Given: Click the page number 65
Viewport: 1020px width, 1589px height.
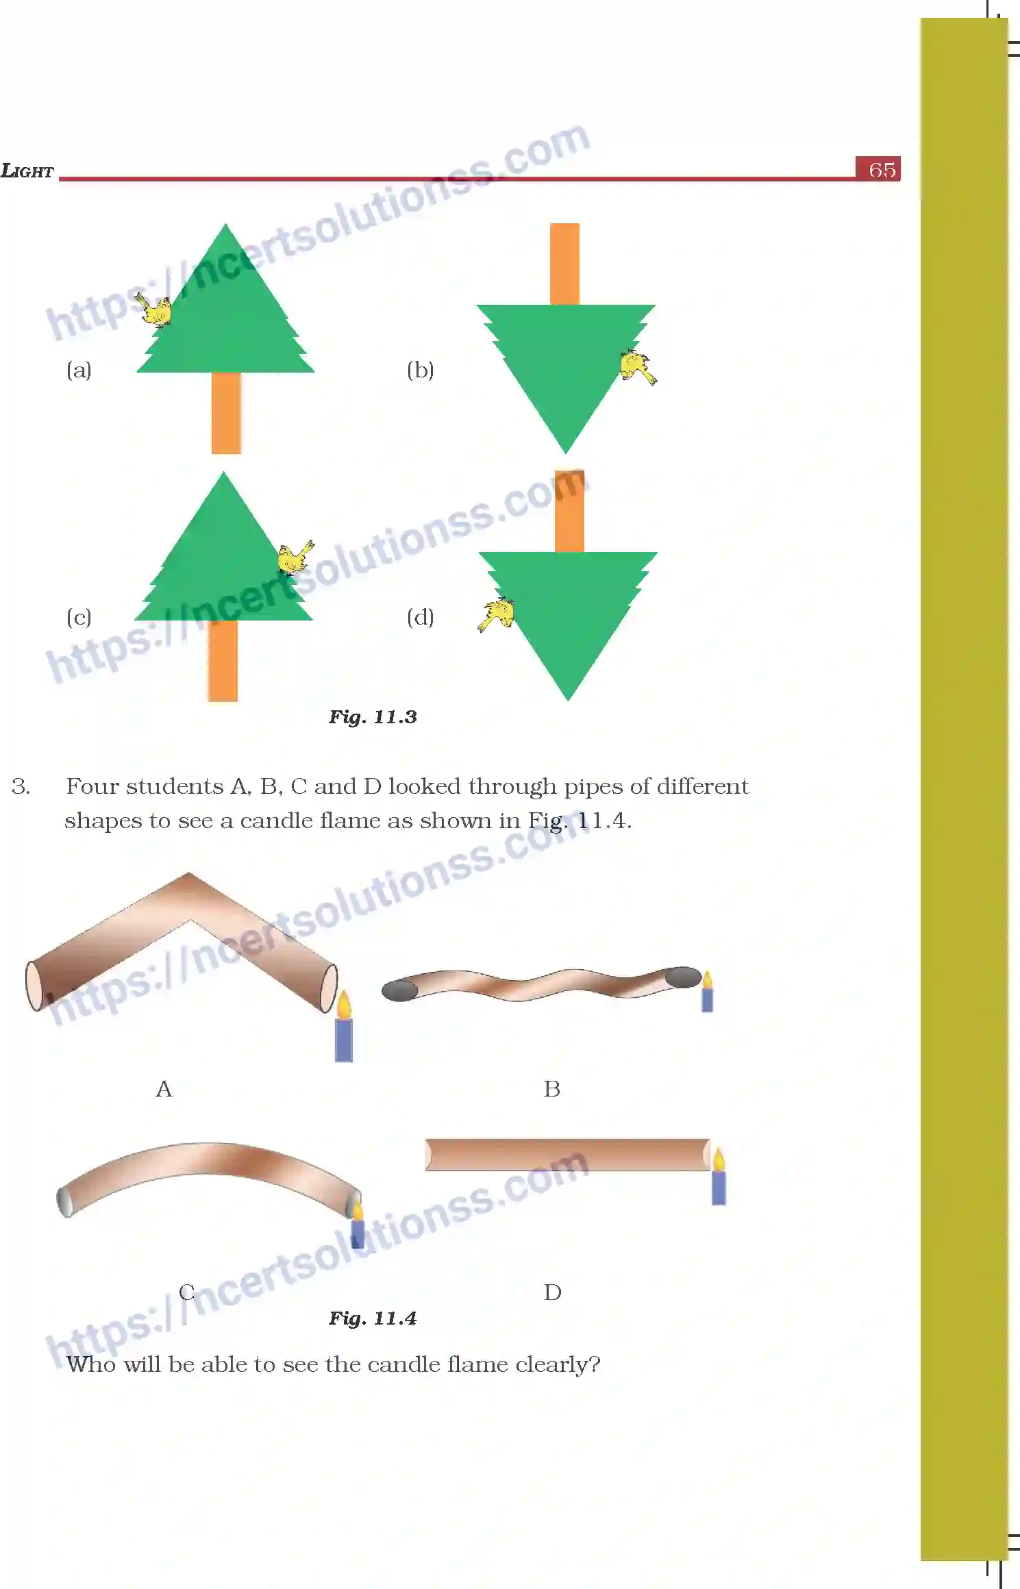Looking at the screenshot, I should (x=881, y=169).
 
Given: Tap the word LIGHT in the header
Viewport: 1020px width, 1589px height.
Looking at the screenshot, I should (x=27, y=171).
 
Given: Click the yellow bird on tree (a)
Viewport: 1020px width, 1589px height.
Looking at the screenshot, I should (x=155, y=310).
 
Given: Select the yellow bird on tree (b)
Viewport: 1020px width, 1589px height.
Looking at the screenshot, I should (x=636, y=366).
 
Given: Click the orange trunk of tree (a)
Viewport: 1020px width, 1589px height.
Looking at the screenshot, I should (x=226, y=412).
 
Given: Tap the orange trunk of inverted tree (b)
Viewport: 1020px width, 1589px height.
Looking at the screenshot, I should (x=564, y=264).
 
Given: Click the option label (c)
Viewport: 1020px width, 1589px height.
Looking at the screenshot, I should (x=79, y=617).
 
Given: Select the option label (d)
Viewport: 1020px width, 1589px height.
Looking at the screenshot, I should (x=420, y=617).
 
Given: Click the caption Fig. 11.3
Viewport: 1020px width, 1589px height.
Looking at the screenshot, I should (x=373, y=717).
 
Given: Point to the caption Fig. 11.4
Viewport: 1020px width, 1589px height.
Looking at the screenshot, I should (x=373, y=1318).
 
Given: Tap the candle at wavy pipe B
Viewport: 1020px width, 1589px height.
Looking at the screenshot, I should (x=708, y=992).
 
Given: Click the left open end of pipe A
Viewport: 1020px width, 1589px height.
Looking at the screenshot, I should (x=34, y=986).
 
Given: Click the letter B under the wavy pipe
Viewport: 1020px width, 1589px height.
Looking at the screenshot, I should (x=552, y=1089).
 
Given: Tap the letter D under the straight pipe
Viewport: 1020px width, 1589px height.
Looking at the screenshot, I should (x=553, y=1292).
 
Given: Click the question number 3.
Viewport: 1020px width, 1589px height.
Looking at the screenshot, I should (x=21, y=786).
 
